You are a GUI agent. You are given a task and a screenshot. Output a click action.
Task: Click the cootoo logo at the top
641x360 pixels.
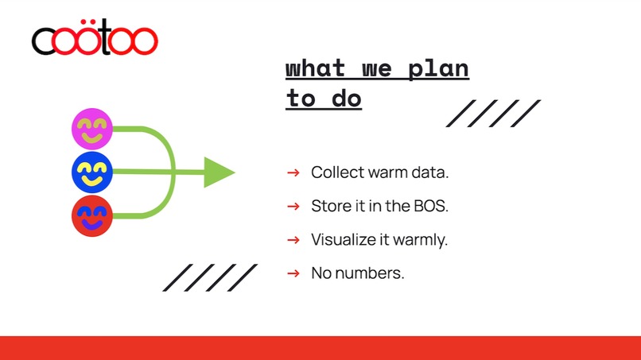tap(95, 40)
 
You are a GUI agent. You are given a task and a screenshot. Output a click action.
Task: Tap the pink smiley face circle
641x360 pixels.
tap(92, 129)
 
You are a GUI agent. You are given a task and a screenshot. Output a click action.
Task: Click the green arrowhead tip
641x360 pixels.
tap(231, 172)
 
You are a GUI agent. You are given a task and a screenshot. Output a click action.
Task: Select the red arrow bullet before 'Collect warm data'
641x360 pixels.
tap(293, 172)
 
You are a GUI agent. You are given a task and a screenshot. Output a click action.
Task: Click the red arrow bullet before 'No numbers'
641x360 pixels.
tap(293, 273)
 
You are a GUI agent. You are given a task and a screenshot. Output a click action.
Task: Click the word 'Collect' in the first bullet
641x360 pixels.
tap(336, 172)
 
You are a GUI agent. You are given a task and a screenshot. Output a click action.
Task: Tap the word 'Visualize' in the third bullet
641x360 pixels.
tap(344, 239)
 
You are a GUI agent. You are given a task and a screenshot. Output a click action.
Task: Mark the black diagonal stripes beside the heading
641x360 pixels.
tap(493, 114)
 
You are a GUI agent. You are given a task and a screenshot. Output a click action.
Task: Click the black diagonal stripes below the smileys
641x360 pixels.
tap(210, 277)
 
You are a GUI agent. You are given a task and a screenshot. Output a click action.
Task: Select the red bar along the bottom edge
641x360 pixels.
tap(320, 348)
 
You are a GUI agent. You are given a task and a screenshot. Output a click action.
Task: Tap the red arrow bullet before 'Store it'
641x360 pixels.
tap(293, 206)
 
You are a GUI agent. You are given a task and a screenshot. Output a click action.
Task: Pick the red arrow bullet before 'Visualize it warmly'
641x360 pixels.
tap(293, 239)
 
